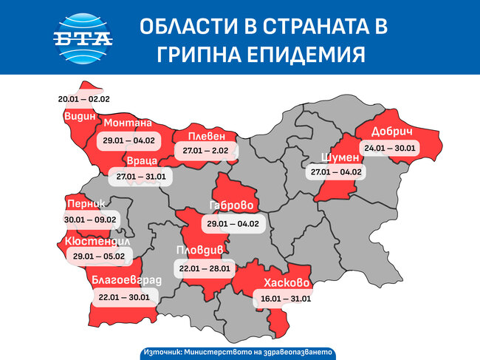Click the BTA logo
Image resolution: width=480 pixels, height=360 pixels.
(83, 38)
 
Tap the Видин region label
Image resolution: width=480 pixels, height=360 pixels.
(78, 117)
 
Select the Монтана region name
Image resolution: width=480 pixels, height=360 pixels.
(128, 123)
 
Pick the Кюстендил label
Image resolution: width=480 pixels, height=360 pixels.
(97, 242)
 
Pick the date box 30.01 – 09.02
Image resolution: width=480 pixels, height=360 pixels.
(91, 219)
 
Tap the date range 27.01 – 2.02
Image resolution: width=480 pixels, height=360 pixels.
(206, 151)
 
